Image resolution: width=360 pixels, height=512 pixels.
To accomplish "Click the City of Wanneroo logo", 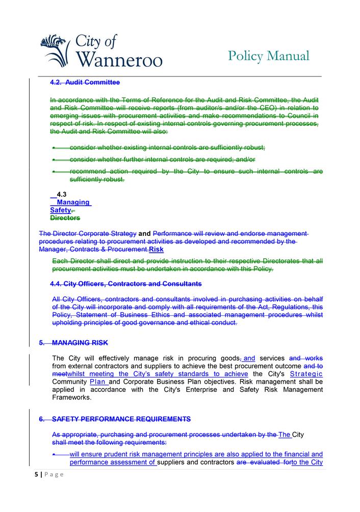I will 100,50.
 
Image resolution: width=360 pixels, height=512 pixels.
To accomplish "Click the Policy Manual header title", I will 269,56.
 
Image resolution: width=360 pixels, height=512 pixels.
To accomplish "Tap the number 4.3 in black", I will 62,194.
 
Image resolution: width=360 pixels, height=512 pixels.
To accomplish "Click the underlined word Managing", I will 73,202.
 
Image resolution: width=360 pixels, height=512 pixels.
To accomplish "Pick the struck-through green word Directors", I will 65,218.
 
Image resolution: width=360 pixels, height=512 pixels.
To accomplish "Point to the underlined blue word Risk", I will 156,250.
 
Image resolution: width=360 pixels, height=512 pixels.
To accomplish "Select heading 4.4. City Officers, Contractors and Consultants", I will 125,283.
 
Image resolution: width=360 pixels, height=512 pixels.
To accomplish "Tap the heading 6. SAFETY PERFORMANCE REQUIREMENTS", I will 115,419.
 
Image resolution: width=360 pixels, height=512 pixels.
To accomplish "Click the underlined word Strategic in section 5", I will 306,374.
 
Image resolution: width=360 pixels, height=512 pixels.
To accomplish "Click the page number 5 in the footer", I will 36,474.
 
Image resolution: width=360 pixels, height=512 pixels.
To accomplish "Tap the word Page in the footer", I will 54,474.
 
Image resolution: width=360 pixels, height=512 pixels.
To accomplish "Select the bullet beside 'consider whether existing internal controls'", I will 55,148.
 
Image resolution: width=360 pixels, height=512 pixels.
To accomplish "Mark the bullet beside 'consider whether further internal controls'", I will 55,159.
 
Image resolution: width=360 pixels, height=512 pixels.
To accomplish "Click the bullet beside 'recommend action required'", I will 55,172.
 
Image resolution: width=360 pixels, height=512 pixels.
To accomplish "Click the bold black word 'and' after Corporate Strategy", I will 144,234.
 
